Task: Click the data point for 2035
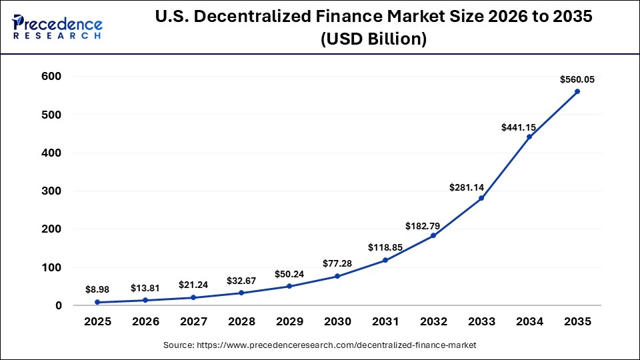pos(577,91)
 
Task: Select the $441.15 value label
pos(520,127)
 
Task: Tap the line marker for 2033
pos(481,198)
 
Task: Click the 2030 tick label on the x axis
pos(337,321)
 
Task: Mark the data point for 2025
pos(97,302)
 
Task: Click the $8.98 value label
pos(97,289)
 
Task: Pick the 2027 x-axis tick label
pos(193,321)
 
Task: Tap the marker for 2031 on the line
pos(385,260)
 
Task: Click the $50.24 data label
pos(289,274)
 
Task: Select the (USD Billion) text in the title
pos(373,39)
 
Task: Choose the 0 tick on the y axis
pos(59,305)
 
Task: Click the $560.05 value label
pos(577,79)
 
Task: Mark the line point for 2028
pos(241,293)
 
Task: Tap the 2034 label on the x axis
pos(529,321)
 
